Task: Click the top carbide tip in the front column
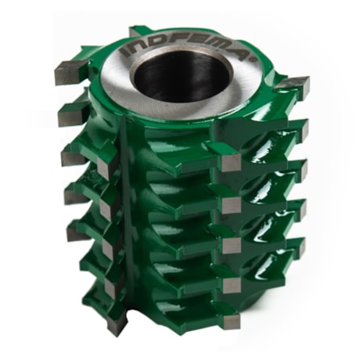coord(230,163)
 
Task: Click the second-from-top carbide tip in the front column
coord(230,204)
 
